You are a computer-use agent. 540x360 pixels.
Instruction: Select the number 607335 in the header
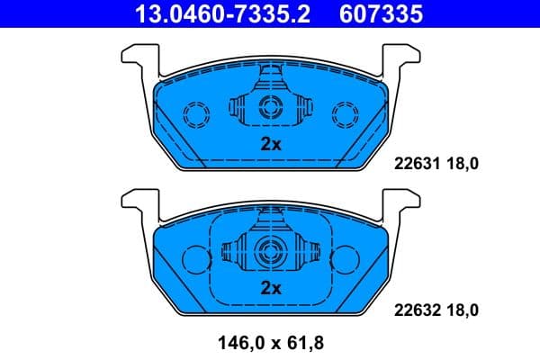click(x=381, y=13)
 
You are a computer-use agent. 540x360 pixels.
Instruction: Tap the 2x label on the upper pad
click(x=271, y=144)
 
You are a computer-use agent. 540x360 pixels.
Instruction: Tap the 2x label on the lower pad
click(x=271, y=288)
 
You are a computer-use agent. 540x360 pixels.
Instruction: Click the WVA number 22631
click(x=416, y=165)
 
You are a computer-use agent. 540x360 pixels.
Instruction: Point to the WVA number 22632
click(x=416, y=310)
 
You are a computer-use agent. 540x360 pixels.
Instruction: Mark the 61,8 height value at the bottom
click(x=303, y=342)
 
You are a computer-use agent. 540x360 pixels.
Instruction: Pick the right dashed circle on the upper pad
click(x=344, y=113)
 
